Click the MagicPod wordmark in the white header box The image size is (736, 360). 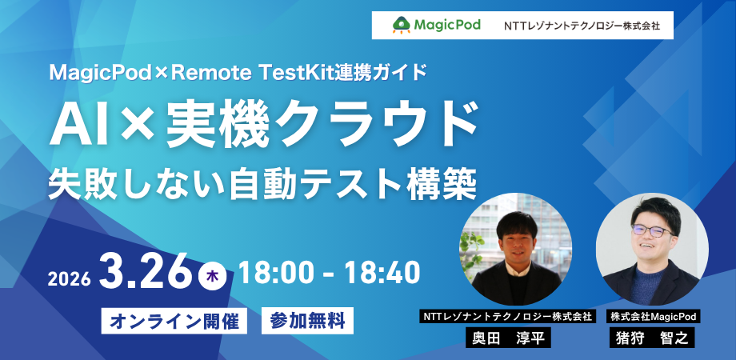(x=447, y=25)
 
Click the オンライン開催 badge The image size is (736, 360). (x=174, y=322)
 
